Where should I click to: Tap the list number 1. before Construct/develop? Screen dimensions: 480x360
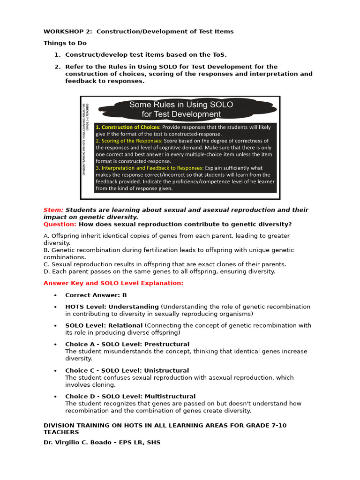click(58, 55)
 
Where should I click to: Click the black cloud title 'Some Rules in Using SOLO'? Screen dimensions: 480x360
click(181, 105)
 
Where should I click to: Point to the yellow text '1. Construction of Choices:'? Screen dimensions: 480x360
click(128, 127)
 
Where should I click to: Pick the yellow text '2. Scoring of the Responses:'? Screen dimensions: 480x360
click(129, 141)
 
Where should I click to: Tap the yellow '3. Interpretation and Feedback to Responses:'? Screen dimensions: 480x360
click(149, 168)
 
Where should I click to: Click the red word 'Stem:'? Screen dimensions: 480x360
click(53, 210)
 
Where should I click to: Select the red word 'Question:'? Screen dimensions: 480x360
click(60, 224)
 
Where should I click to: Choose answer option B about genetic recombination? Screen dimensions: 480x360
click(169, 254)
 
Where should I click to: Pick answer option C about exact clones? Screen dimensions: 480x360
click(165, 264)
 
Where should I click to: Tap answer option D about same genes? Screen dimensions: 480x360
click(159, 271)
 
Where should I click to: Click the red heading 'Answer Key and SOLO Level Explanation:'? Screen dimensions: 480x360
click(113, 283)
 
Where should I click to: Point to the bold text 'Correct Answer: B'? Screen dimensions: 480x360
click(96, 295)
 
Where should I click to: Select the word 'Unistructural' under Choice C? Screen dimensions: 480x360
click(166, 370)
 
